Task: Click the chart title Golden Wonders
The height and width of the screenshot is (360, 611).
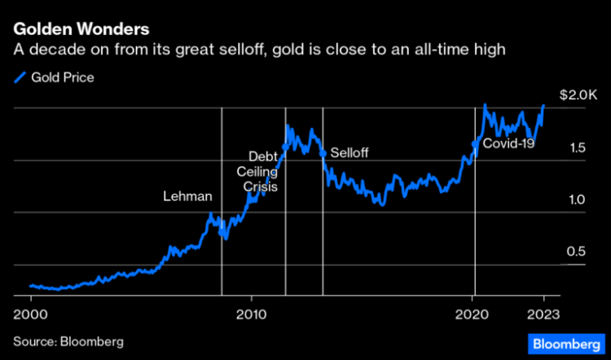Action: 80,30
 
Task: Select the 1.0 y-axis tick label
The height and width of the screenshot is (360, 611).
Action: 576,200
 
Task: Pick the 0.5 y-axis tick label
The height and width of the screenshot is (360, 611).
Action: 576,252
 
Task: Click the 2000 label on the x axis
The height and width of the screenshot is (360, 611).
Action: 31,314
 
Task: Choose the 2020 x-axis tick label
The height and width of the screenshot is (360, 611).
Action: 473,314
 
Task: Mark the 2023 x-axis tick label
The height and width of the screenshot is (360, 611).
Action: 543,314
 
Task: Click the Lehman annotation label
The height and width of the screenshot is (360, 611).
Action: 187,196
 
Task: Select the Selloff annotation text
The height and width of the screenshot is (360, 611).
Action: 349,153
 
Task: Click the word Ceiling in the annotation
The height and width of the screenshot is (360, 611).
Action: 257,171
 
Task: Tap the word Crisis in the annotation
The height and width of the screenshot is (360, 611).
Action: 261,187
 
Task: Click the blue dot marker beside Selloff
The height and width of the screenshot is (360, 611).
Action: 323,152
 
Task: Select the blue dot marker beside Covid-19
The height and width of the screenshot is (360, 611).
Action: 475,143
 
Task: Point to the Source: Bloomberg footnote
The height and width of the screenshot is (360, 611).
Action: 68,341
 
